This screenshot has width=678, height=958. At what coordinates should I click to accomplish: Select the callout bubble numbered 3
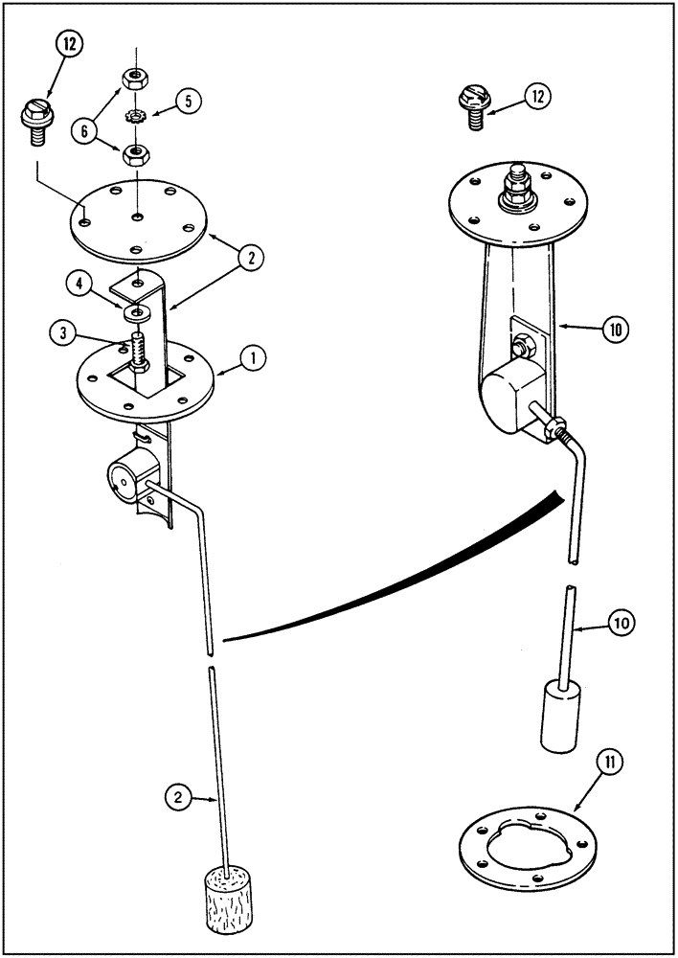tap(64, 333)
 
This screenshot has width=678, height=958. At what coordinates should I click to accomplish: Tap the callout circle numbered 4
tap(79, 284)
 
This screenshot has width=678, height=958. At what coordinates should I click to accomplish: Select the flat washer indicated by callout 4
tap(140, 312)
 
